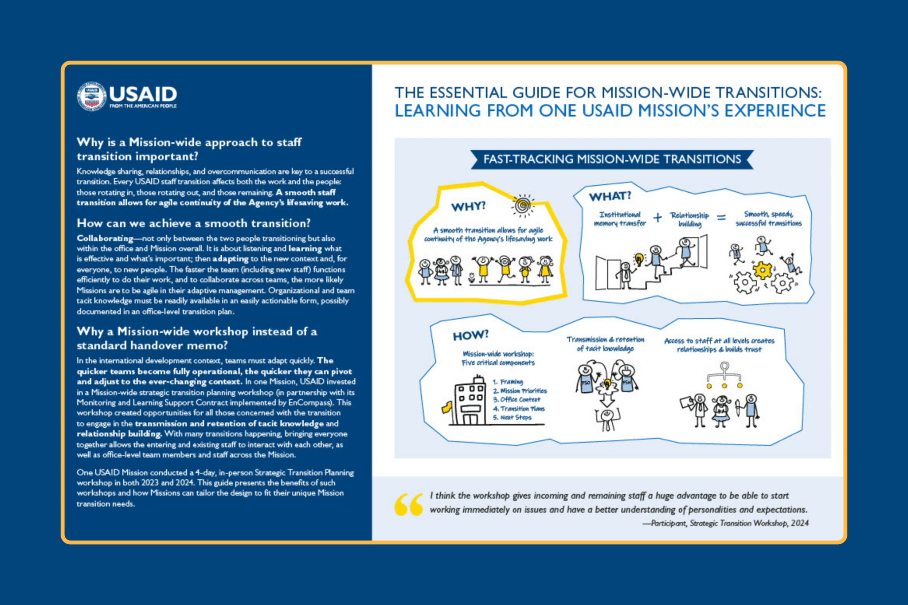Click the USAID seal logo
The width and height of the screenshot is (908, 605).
coord(91,96)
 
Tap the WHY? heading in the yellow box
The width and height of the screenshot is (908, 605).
coord(468,206)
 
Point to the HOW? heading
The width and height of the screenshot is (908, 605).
coord(470,335)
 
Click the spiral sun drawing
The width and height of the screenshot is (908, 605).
coord(523,206)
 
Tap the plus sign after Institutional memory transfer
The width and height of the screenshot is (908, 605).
coord(658,218)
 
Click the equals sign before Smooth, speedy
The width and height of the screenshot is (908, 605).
coord(721,218)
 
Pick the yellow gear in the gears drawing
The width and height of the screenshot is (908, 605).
coord(763,270)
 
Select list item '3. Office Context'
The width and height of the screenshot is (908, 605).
coord(517,399)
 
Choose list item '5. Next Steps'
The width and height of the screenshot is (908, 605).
coord(512,418)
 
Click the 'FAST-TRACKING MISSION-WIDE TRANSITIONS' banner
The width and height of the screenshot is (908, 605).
coord(612,160)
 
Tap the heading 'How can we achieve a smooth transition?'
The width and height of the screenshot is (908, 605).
coord(193,223)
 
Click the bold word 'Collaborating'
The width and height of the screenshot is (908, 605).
coord(105,238)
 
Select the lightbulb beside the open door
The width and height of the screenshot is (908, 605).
coord(638,258)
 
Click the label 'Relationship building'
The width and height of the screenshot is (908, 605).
coord(689,219)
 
